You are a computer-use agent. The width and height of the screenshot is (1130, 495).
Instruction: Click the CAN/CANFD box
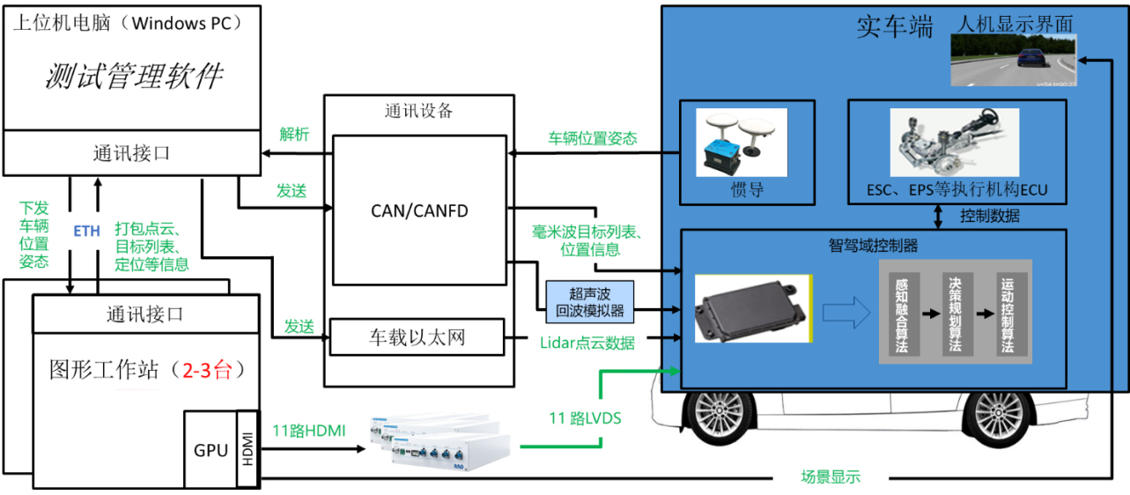pos(419,211)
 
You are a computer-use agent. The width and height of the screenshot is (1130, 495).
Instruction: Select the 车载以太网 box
pos(415,336)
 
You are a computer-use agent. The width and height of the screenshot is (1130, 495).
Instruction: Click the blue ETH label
pos(85,231)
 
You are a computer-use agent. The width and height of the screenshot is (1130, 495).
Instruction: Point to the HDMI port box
pos(248,448)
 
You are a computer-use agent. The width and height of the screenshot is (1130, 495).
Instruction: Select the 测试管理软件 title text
pos(134,76)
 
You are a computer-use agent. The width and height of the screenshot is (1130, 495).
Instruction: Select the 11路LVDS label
pos(584,418)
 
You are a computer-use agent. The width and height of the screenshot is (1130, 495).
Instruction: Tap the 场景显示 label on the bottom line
pos(830,477)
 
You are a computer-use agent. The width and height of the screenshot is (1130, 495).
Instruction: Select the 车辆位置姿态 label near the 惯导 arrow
pos(593,138)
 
